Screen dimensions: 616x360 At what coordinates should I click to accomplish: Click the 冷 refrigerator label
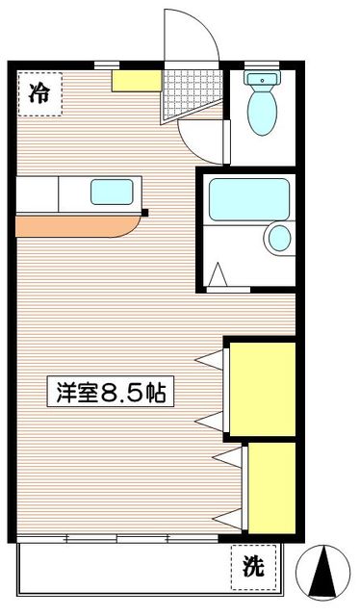(39, 93)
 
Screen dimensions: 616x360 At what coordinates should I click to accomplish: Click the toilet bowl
(260, 114)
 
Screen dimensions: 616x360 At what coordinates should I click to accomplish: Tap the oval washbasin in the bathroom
(280, 238)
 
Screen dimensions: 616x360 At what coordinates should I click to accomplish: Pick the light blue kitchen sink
(114, 192)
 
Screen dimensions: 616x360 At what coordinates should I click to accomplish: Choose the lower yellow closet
(270, 486)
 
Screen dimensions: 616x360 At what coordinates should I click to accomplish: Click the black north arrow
(325, 576)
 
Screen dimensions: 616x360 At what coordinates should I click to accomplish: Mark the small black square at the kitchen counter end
(144, 213)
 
